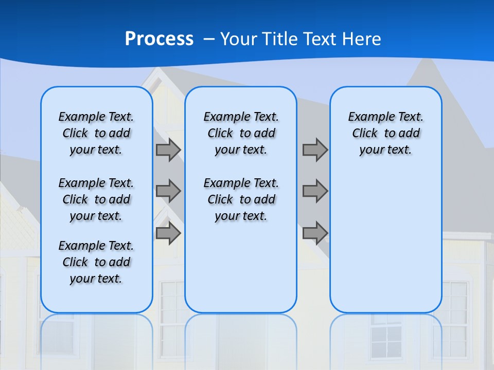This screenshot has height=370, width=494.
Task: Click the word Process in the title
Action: click(159, 39)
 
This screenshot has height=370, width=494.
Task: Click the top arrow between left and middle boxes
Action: click(168, 150)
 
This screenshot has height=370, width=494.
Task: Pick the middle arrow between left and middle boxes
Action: click(168, 191)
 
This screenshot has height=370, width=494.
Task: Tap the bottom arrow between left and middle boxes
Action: click(168, 233)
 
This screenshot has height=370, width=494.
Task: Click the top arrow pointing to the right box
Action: click(315, 150)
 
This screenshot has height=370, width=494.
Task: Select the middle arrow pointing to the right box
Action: click(315, 191)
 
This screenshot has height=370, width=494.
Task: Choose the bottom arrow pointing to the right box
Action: click(315, 233)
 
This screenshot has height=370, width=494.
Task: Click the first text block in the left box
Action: click(96, 133)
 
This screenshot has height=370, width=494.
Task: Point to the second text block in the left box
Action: click(96, 199)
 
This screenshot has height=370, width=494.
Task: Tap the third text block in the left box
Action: click(96, 262)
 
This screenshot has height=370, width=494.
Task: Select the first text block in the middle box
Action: click(241, 133)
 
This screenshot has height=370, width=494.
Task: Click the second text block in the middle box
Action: click(241, 199)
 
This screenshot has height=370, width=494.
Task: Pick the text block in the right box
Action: click(386, 133)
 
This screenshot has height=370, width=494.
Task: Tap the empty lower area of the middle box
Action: click(241, 267)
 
